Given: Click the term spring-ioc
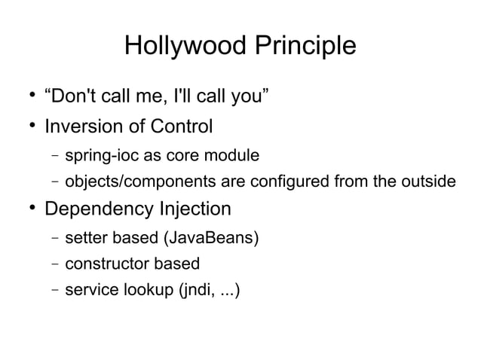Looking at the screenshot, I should tap(100, 157).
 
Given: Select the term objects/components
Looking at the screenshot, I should tap(138, 182).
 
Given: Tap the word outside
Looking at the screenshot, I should tap(428, 182).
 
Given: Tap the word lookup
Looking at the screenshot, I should tap(148, 290).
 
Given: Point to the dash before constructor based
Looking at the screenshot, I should tap(55, 264).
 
